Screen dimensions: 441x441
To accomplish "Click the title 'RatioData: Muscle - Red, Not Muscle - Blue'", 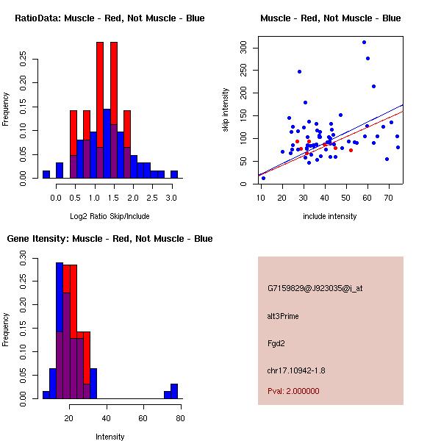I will (x=110, y=18).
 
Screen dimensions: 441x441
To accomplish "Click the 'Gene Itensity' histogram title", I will (x=110, y=239).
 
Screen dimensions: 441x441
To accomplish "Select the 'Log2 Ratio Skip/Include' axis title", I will (x=110, y=216).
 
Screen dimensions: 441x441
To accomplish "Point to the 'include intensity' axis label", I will (x=329, y=216).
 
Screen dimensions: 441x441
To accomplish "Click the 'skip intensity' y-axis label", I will (x=226, y=110).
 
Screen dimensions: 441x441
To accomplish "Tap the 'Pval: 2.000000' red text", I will (x=294, y=391).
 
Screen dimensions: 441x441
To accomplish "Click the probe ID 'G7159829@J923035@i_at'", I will (x=315, y=288).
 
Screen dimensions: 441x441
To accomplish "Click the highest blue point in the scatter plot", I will (x=364, y=42).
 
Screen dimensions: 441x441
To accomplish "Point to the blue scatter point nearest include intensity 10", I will (x=263, y=178).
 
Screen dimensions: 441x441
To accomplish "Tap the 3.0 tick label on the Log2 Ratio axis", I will (x=171, y=197).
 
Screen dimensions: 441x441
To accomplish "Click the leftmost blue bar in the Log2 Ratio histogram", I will (x=46, y=174).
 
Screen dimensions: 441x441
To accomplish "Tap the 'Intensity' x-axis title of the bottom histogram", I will (x=110, y=437).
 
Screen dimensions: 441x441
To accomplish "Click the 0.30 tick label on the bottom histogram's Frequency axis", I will (x=24, y=259).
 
